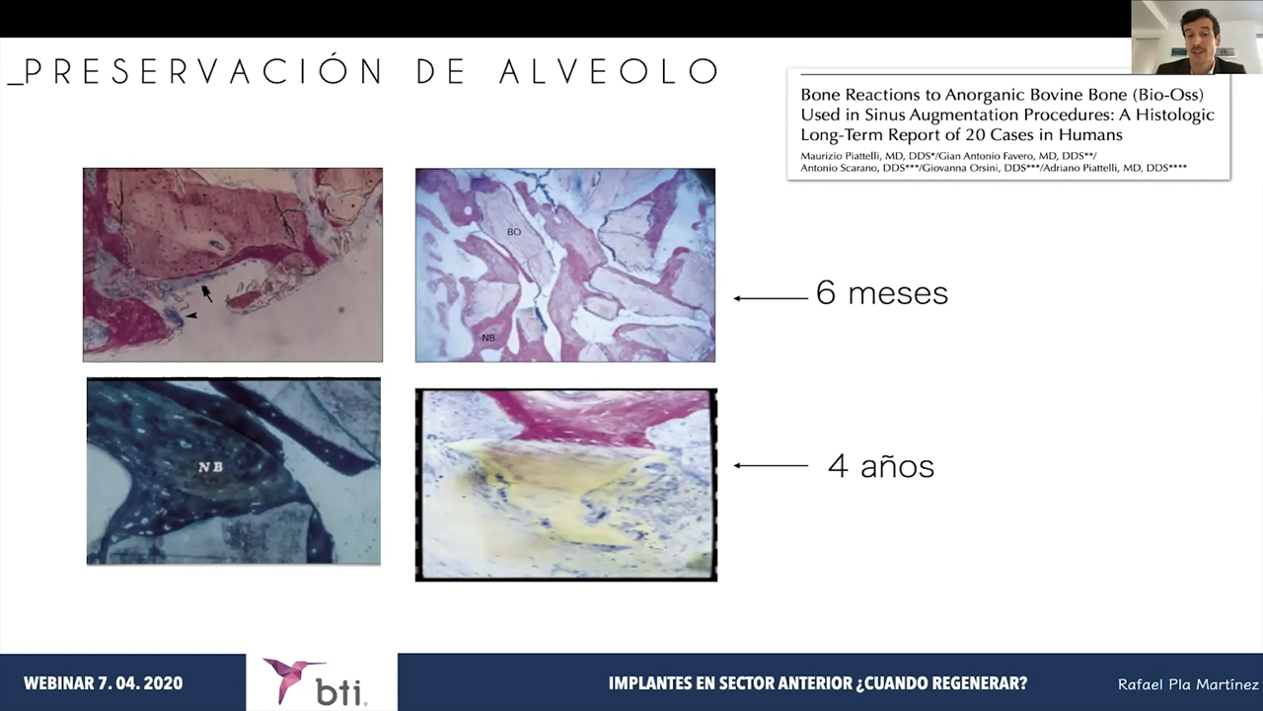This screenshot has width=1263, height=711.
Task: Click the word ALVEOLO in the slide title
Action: point(609,72)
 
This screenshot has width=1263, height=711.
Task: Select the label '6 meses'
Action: point(882,293)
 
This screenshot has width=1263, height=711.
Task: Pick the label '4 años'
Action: point(881,466)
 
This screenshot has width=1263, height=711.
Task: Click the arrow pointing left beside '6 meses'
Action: point(771,298)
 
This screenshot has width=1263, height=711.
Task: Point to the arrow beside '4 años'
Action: point(771,465)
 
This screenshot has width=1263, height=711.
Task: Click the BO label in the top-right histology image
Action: point(514,232)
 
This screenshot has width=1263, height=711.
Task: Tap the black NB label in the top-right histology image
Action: point(488,338)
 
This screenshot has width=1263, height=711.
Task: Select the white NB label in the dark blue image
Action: point(210,467)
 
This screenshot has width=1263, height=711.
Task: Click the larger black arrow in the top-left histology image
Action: point(207,293)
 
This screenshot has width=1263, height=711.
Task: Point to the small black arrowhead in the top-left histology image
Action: point(191,316)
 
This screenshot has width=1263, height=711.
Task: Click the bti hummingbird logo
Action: point(293,678)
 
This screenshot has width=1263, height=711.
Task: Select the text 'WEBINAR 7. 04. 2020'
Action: point(104,683)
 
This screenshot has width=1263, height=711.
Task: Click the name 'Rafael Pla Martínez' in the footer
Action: point(1189,684)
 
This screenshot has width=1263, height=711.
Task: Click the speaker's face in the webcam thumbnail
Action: point(1201,35)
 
